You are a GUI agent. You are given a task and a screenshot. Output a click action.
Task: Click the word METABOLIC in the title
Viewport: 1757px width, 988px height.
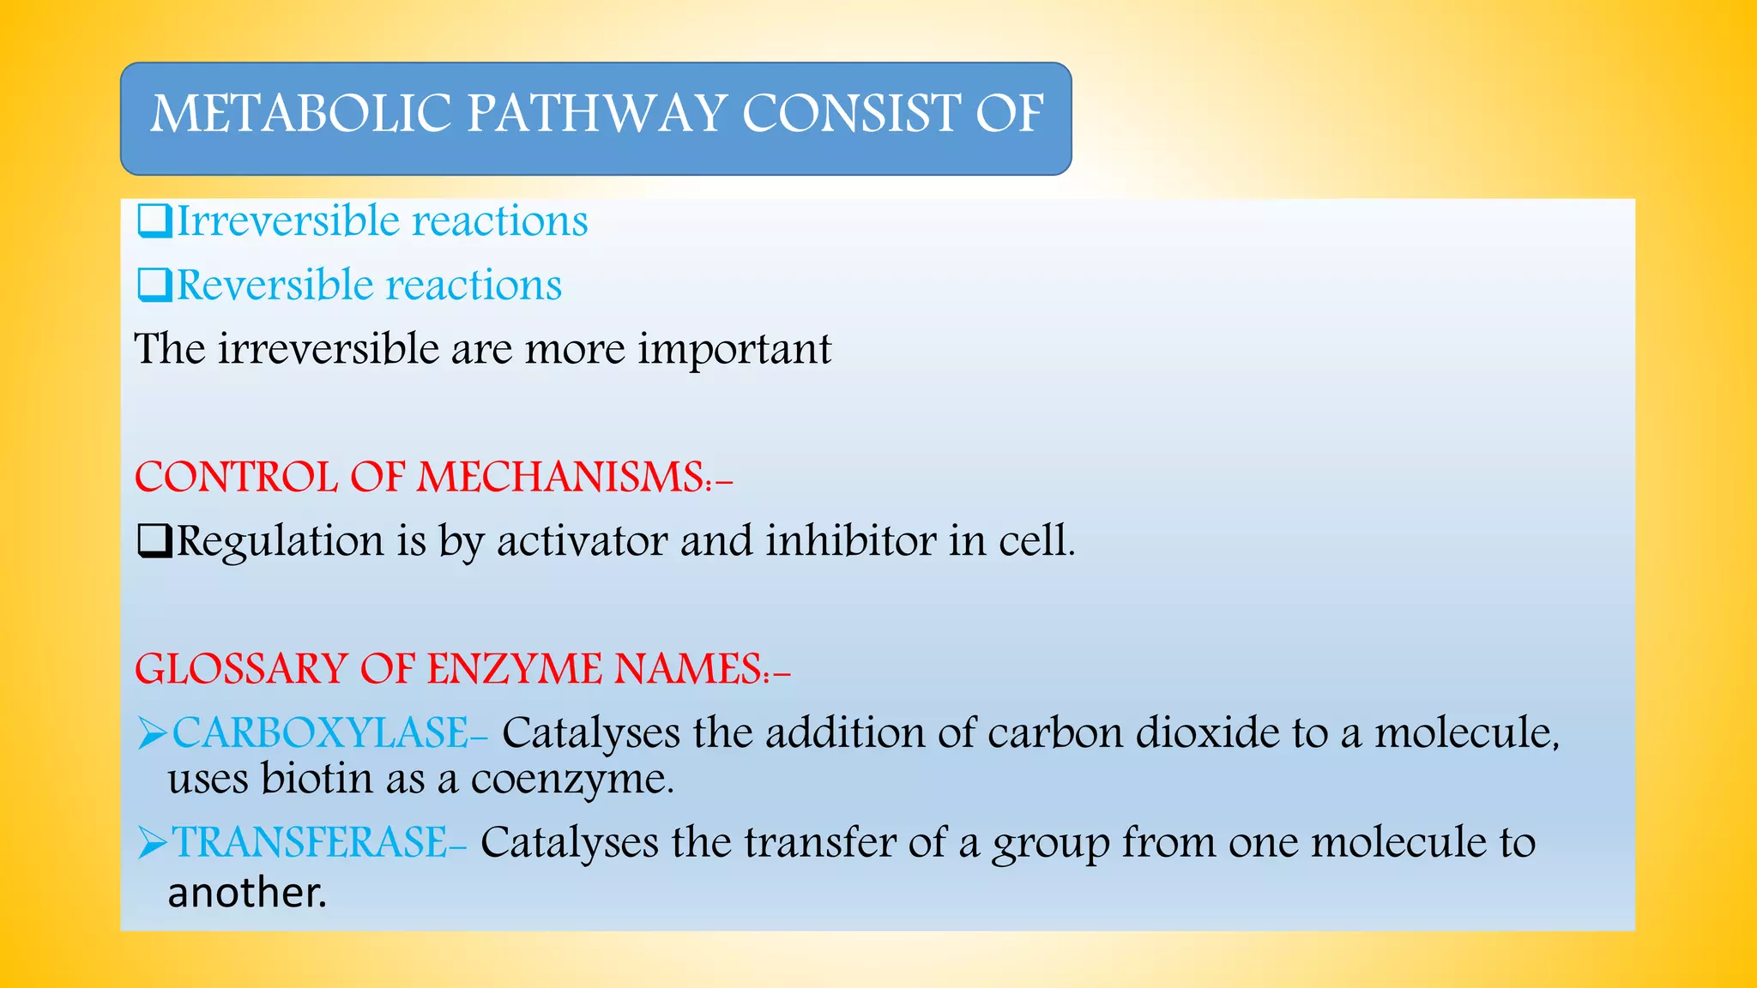(300, 114)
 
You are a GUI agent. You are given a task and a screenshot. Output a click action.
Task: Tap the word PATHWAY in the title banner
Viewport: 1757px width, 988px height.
(595, 114)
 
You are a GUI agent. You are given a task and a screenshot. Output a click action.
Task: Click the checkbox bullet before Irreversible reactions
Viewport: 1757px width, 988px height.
(154, 222)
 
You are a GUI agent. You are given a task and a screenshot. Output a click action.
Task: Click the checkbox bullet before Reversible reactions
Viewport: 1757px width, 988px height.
(154, 286)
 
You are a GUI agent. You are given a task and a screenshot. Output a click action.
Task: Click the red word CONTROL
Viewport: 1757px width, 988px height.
(236, 478)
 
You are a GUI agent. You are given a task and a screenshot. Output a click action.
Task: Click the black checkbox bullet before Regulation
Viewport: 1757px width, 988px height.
(154, 542)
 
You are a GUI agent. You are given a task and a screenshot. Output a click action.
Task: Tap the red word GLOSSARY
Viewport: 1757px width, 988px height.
(241, 670)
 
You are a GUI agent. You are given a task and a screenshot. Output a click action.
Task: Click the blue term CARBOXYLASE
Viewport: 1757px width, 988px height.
(320, 734)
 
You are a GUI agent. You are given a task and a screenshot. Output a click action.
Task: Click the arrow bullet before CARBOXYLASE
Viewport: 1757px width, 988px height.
(152, 735)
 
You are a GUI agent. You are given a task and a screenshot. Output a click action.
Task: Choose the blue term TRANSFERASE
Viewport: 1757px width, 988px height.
(310, 843)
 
